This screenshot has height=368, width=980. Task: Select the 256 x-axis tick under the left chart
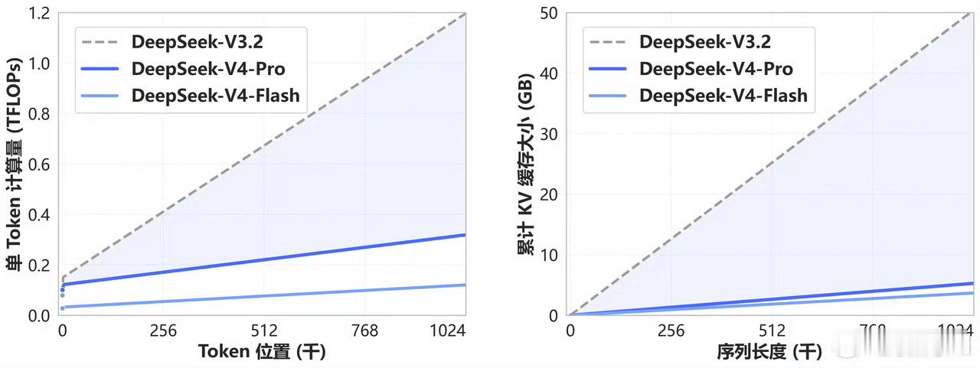point(163,331)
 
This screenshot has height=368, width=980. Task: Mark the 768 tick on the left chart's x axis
point(365,331)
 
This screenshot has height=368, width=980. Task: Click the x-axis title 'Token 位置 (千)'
point(263,352)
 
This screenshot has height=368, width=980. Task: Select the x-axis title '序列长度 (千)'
point(769,352)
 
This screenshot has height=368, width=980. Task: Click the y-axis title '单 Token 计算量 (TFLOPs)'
point(14,164)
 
